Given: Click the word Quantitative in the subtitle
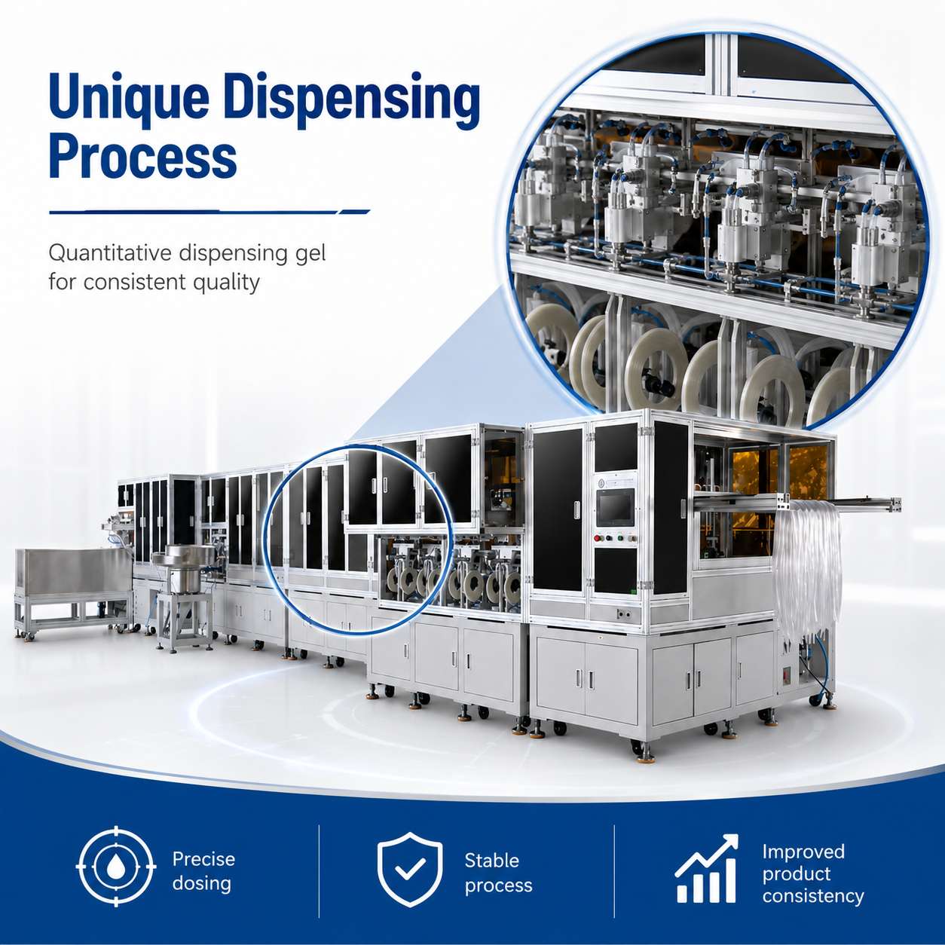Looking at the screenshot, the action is point(110,254).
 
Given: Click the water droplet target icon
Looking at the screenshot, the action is point(116,867).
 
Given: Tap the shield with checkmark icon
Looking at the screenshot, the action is point(410,868).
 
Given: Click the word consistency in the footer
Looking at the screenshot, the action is point(813,896).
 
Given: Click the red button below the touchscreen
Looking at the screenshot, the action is point(598,538).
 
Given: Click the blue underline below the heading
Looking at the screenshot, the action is point(209,213).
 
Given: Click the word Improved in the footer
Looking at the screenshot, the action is point(803,852).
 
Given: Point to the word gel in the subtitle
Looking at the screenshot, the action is point(313,254).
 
